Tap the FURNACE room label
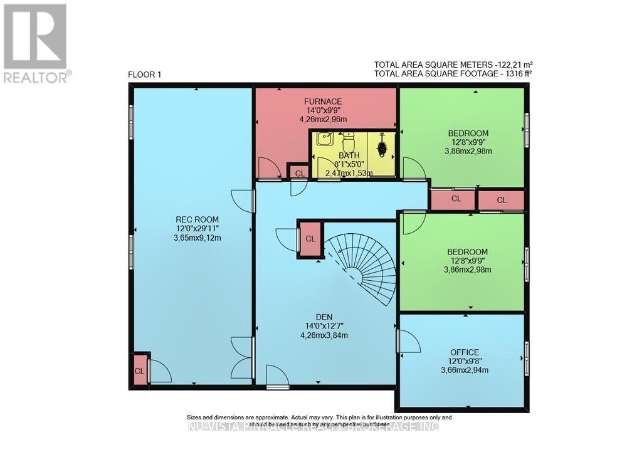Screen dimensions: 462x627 pos(322,102)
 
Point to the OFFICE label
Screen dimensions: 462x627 pos(464,352)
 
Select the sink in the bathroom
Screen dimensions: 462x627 pos(324,139)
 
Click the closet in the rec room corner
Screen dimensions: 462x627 pos(140,370)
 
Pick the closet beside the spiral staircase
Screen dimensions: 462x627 pos(310,239)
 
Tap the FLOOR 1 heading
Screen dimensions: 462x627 pos(144,75)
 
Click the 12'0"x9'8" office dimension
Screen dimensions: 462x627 pos(464,361)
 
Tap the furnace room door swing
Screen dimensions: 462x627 pos(268,168)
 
